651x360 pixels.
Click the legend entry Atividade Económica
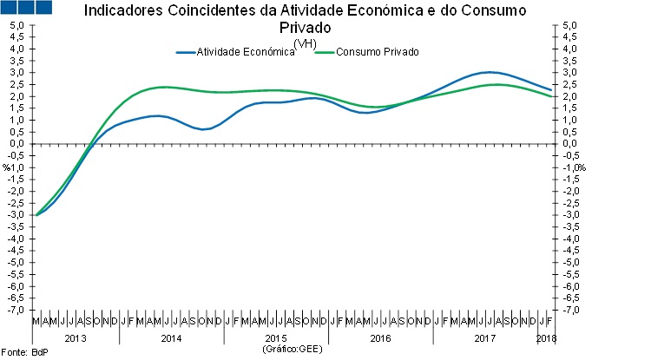coord(247,52)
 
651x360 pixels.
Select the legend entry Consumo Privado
coord(378,52)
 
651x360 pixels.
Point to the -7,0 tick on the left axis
coord(16,310)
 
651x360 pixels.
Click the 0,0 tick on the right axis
coord(569,144)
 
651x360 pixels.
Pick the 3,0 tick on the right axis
coord(569,73)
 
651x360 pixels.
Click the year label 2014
coord(171,337)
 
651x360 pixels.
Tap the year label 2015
coord(276,337)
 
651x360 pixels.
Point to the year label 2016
coord(380,337)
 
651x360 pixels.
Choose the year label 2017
coord(483,337)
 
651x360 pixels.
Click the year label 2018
coord(546,337)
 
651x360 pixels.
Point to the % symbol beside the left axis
coord(6,167)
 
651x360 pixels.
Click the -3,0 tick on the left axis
coord(16,215)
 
